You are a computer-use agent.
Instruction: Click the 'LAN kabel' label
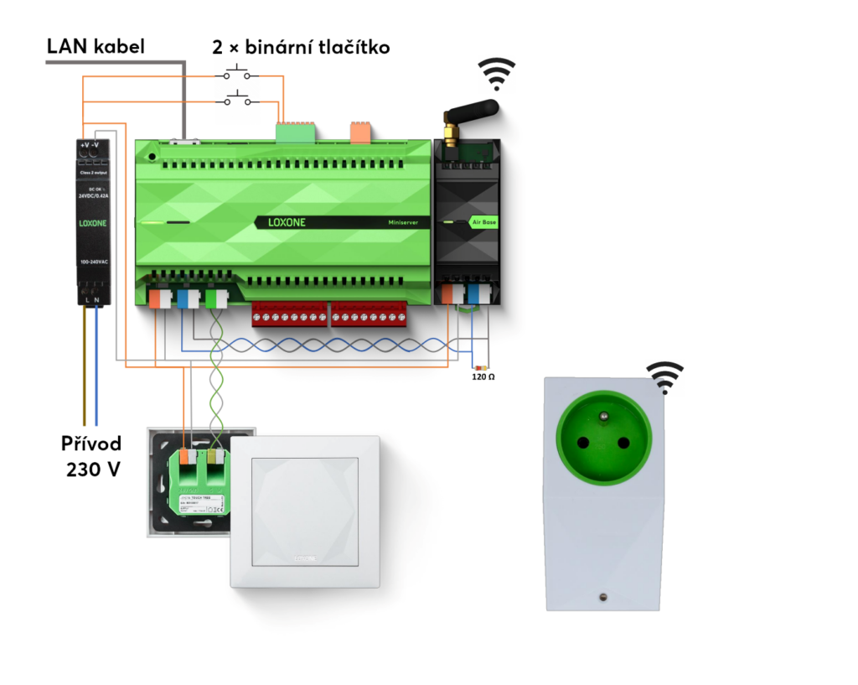[x=95, y=46]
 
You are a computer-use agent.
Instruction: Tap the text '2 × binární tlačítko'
[x=302, y=47]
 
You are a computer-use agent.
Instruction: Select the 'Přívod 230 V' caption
[x=91, y=455]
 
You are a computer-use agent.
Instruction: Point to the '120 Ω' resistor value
[x=484, y=378]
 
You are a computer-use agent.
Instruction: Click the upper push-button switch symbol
[x=237, y=74]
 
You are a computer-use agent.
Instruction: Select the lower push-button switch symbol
[x=237, y=101]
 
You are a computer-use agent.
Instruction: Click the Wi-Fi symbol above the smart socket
[x=664, y=376]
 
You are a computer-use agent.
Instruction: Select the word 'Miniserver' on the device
[x=409, y=223]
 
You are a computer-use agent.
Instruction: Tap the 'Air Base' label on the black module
[x=483, y=223]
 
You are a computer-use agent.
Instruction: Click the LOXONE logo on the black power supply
[x=92, y=224]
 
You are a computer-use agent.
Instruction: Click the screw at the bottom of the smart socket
[x=602, y=596]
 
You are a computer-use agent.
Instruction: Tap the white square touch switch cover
[x=306, y=511]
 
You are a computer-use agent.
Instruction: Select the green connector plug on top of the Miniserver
[x=296, y=131]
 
